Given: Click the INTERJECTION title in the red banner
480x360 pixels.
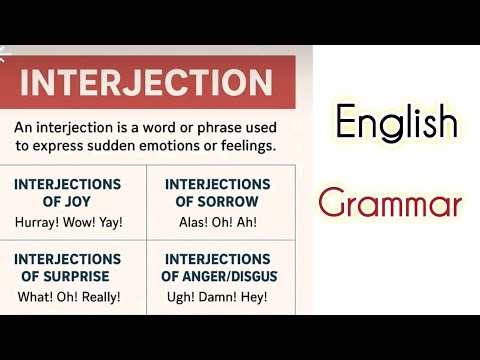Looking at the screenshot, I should pyautogui.click(x=145, y=83).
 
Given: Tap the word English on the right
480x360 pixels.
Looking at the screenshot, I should pyautogui.click(x=396, y=124).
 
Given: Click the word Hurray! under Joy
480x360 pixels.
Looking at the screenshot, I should pyautogui.click(x=38, y=222).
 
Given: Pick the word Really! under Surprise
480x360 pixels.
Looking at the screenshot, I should pyautogui.click(x=98, y=297).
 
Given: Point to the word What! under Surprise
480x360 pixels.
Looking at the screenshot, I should pyautogui.click(x=34, y=297).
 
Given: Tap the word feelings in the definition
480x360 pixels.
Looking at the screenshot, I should pyautogui.click(x=241, y=146).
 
